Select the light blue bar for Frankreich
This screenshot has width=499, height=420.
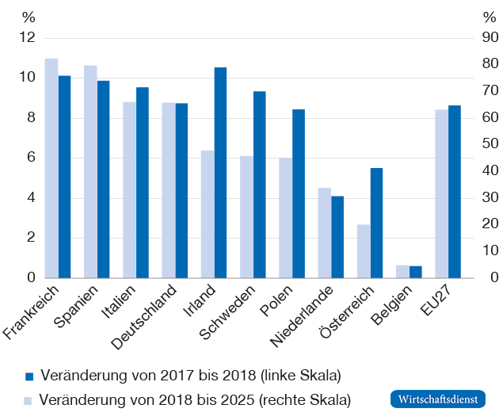pyautogui.click(x=51, y=168)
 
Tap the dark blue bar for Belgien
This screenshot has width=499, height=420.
pyautogui.click(x=416, y=272)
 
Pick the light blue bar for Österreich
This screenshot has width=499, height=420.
pyautogui.click(x=364, y=251)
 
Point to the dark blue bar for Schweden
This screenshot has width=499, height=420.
pyautogui.click(x=260, y=185)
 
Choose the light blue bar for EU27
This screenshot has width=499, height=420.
pyautogui.click(x=441, y=194)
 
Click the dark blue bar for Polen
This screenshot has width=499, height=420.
pyautogui.click(x=299, y=193)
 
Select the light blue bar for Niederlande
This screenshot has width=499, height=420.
pyautogui.click(x=324, y=233)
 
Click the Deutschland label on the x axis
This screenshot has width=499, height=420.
pyautogui.click(x=156, y=316)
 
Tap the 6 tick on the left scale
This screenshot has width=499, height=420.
pyautogui.click(x=31, y=158)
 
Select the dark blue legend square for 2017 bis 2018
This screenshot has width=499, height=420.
pyautogui.click(x=29, y=375)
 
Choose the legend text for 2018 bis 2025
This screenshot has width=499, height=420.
pyautogui.click(x=194, y=399)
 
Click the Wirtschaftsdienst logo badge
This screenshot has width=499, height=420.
pyautogui.click(x=437, y=399)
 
